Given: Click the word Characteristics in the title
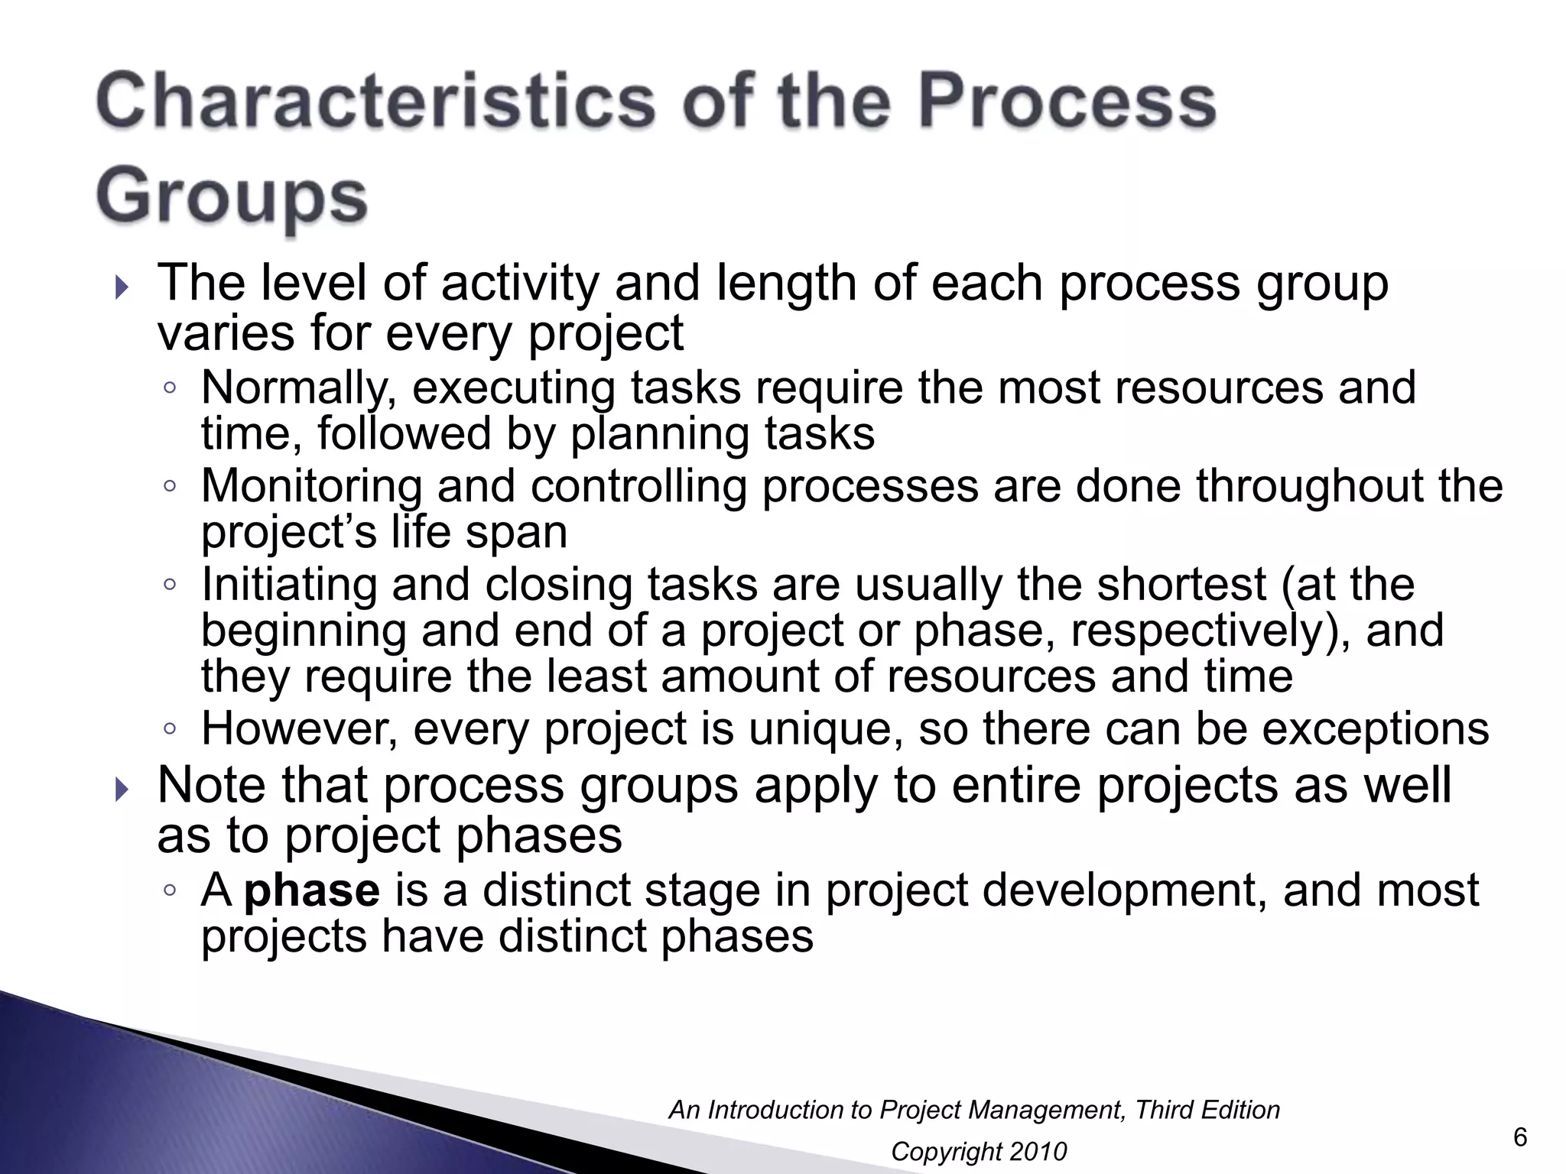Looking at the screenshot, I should coord(375,102).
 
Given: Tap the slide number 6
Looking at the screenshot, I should coord(1520,1137).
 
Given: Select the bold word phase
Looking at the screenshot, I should coord(311,890).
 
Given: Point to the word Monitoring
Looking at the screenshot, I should coord(311,486).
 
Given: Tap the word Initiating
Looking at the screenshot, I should coord(289,585).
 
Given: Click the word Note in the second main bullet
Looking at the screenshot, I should coord(212,785).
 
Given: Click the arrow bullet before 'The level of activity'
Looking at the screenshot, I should coord(122,289).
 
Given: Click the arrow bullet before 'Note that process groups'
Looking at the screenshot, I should coord(122,790).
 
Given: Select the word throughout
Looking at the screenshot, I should coord(1309,486).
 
